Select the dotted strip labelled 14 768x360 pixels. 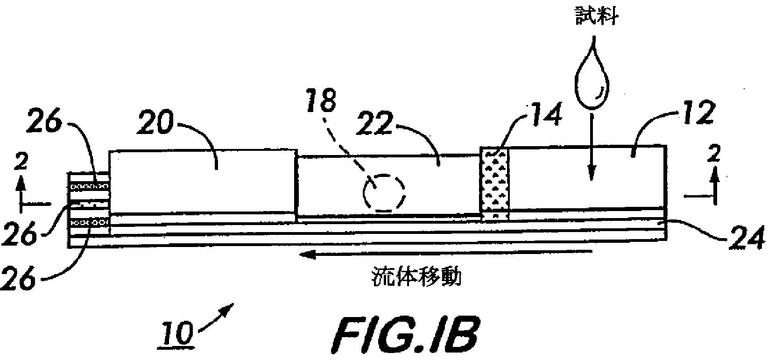tap(496, 184)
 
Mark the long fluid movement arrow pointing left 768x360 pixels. tap(446, 254)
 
